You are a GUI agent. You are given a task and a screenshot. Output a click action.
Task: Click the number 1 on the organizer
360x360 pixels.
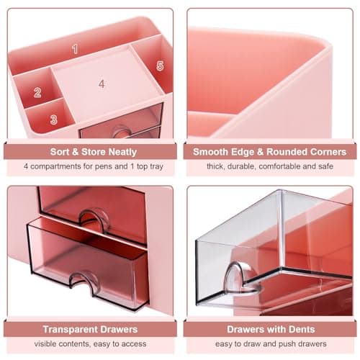pos(74,48)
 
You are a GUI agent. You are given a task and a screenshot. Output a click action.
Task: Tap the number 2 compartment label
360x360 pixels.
pos(37,92)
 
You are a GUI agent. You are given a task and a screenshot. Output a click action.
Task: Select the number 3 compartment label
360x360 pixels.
pos(53,120)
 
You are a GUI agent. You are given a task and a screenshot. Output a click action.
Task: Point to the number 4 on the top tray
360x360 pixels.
pos(102,84)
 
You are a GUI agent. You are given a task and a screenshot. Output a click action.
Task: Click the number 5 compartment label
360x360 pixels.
pos(159,66)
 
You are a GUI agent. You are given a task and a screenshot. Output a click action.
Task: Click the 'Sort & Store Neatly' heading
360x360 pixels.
pos(90,152)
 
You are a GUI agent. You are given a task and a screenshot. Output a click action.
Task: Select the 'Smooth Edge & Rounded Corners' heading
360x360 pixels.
pos(270,152)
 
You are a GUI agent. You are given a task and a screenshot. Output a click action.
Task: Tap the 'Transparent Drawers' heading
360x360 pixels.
pos(90,329)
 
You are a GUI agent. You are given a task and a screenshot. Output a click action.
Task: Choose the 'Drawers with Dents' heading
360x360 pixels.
pos(270,329)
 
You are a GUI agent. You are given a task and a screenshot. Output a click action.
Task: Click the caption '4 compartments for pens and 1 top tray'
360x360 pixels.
pos(90,167)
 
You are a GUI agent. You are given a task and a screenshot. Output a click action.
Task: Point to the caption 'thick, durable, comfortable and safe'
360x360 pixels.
pos(270,167)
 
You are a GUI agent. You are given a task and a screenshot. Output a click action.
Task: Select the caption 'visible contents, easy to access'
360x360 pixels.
pos(90,344)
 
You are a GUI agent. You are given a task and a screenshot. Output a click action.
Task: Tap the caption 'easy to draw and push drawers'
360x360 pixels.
pos(270,344)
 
